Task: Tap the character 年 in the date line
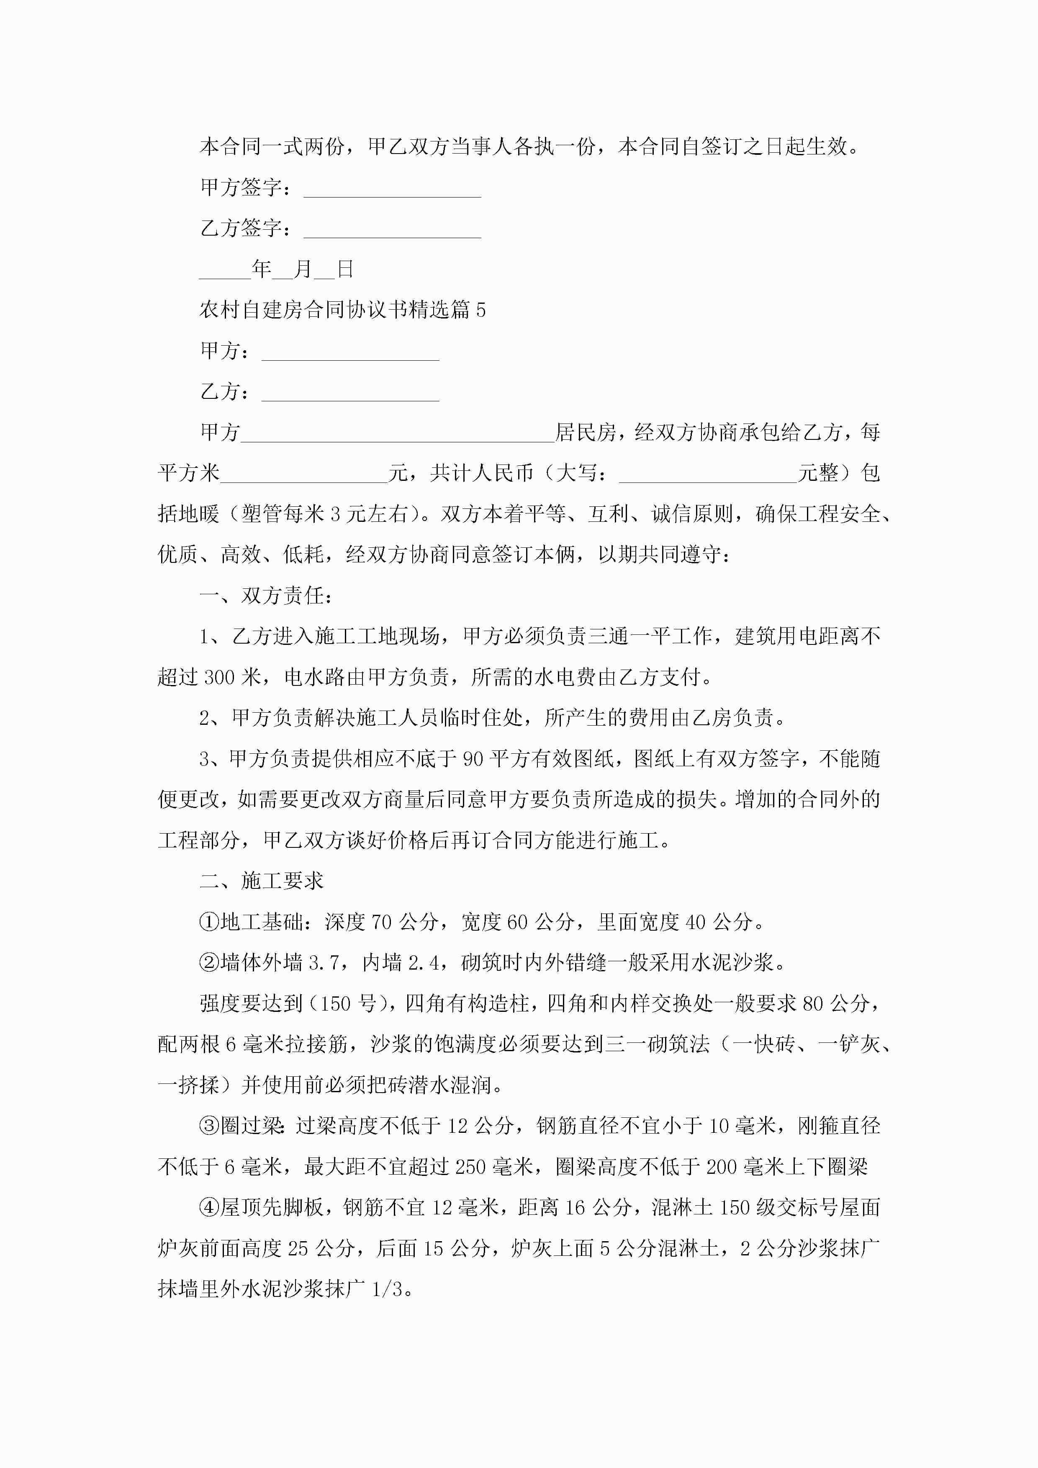pos(262,269)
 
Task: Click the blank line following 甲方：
pos(350,355)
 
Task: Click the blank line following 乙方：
pos(350,396)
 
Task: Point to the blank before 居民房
pos(397,437)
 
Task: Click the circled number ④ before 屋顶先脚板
pos(209,1208)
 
